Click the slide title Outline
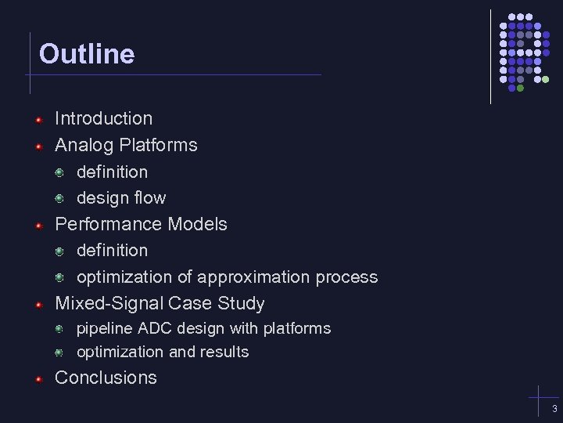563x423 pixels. click(x=87, y=54)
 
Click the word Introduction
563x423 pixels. click(x=103, y=119)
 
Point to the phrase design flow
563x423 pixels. click(x=121, y=198)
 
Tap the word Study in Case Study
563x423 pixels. click(x=238, y=303)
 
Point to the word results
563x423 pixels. click(x=225, y=352)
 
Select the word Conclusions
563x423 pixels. click(x=106, y=378)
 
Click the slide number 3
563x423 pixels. click(x=554, y=410)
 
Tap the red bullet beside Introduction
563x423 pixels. click(x=38, y=120)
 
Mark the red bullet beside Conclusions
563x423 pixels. click(x=38, y=379)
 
